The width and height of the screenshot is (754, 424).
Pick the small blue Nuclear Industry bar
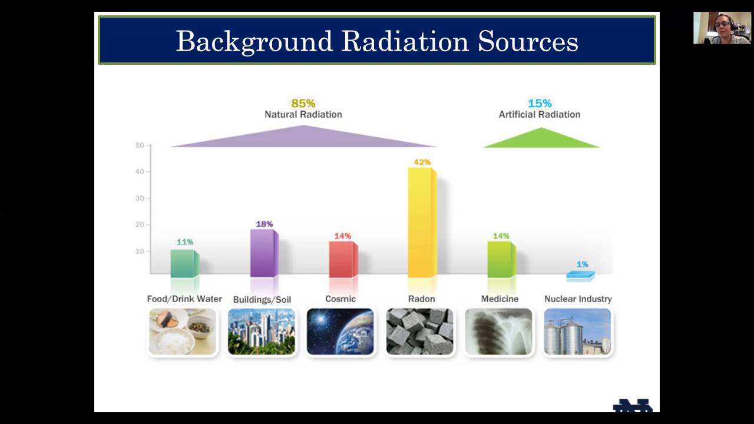pos(580,275)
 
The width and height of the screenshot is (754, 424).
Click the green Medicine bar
pos(501,259)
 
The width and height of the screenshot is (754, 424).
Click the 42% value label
pos(422,162)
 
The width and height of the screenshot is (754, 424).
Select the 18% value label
pos(264,224)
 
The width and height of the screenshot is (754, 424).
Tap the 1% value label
pos(582,264)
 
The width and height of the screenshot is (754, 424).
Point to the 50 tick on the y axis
pos(140,145)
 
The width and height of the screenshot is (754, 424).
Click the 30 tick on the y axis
pos(140,198)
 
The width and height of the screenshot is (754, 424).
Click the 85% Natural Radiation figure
pos(303,104)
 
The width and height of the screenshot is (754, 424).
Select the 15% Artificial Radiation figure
pos(540,104)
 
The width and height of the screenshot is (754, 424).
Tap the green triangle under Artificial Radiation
pos(541,139)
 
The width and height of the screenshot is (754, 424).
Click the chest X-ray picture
pos(499,332)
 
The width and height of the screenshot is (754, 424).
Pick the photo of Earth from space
pos(340,332)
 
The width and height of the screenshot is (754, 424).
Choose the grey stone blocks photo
pos(419,332)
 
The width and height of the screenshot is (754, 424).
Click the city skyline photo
pos(262,332)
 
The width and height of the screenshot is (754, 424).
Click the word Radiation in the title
pos(405,41)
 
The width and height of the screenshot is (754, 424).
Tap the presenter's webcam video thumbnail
pos(722,28)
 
